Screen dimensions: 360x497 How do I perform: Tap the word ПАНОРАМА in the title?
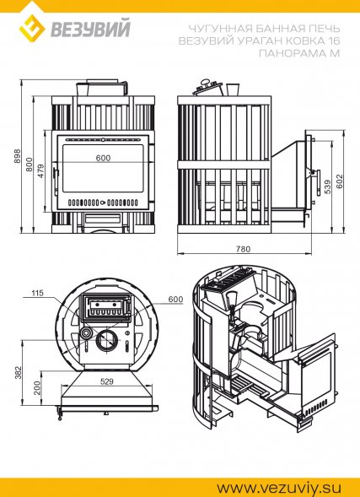[x=292, y=53]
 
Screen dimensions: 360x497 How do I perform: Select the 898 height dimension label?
[x=18, y=156]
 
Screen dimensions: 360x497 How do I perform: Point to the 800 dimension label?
[x=30, y=165]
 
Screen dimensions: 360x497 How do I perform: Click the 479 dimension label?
[x=40, y=170]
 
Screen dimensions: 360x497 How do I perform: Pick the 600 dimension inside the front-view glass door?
[x=103, y=158]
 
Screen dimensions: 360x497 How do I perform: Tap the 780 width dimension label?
[x=243, y=249]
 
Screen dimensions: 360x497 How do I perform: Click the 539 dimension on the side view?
[x=327, y=186]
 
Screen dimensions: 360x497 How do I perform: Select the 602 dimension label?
[x=340, y=181]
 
